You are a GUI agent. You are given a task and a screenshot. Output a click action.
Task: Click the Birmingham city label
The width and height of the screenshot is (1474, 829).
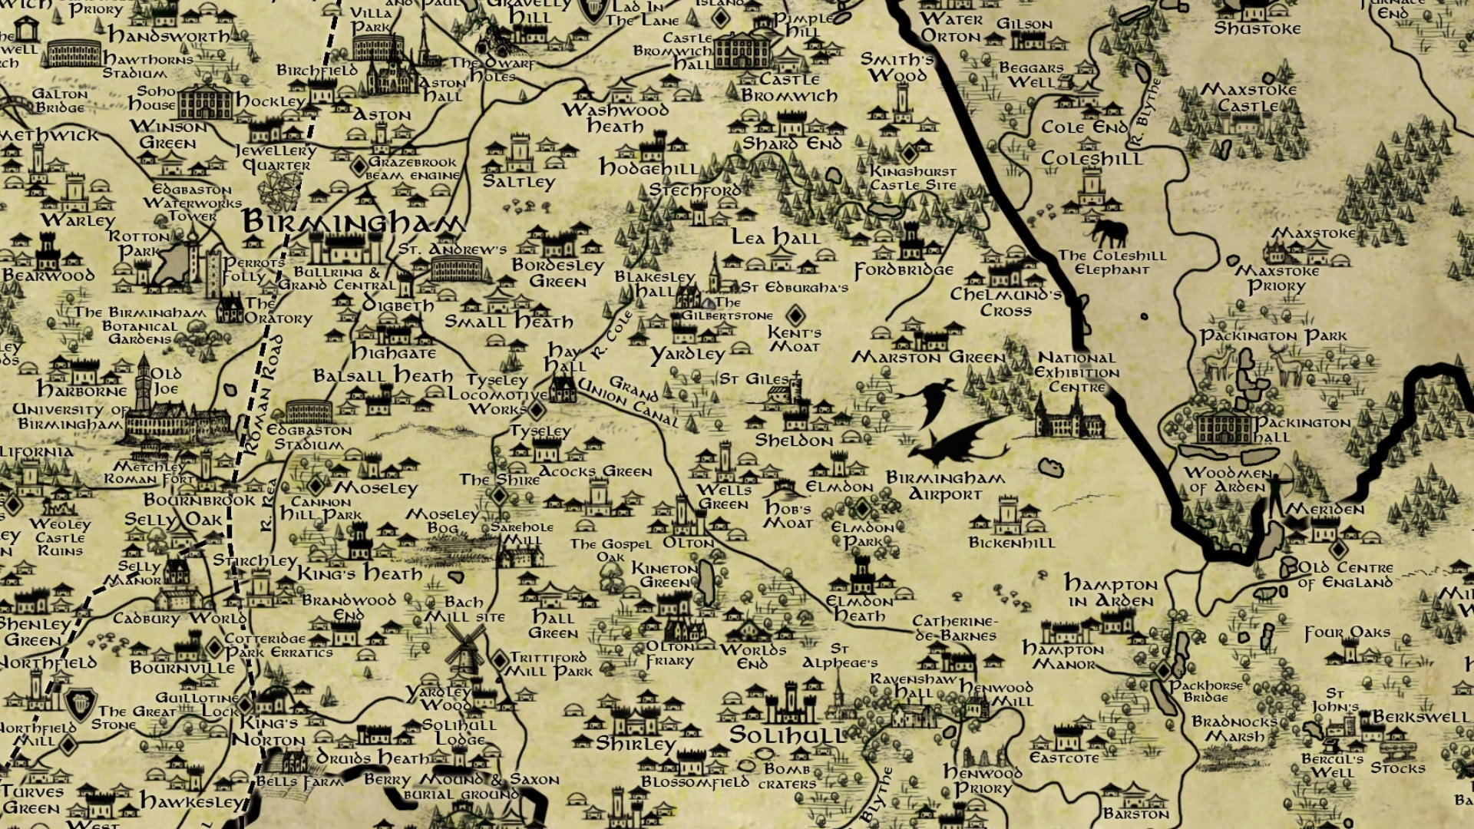point(353,223)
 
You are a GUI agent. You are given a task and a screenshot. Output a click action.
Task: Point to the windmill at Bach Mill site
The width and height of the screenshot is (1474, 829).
point(465,649)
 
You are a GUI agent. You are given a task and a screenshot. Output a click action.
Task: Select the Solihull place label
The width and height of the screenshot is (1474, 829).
point(786,735)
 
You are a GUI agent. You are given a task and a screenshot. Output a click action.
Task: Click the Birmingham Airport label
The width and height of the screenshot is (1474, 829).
point(945,486)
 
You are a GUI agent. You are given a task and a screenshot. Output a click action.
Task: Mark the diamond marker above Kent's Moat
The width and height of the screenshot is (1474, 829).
point(795,315)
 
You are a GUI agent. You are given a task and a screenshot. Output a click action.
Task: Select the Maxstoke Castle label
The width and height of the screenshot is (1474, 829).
point(1248,97)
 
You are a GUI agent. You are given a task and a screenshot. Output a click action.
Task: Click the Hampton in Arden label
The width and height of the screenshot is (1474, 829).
point(1110,592)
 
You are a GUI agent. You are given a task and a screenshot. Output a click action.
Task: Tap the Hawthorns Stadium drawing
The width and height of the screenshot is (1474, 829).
point(74,54)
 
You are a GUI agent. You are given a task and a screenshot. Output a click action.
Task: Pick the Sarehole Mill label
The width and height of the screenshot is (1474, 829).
point(521,533)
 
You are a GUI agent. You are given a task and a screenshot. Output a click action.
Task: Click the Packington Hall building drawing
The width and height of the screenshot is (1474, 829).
point(1225,427)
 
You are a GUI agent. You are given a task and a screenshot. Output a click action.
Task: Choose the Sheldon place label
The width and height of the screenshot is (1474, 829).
point(794,441)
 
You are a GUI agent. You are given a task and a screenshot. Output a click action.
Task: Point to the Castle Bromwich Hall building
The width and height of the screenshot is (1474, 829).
point(741,49)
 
